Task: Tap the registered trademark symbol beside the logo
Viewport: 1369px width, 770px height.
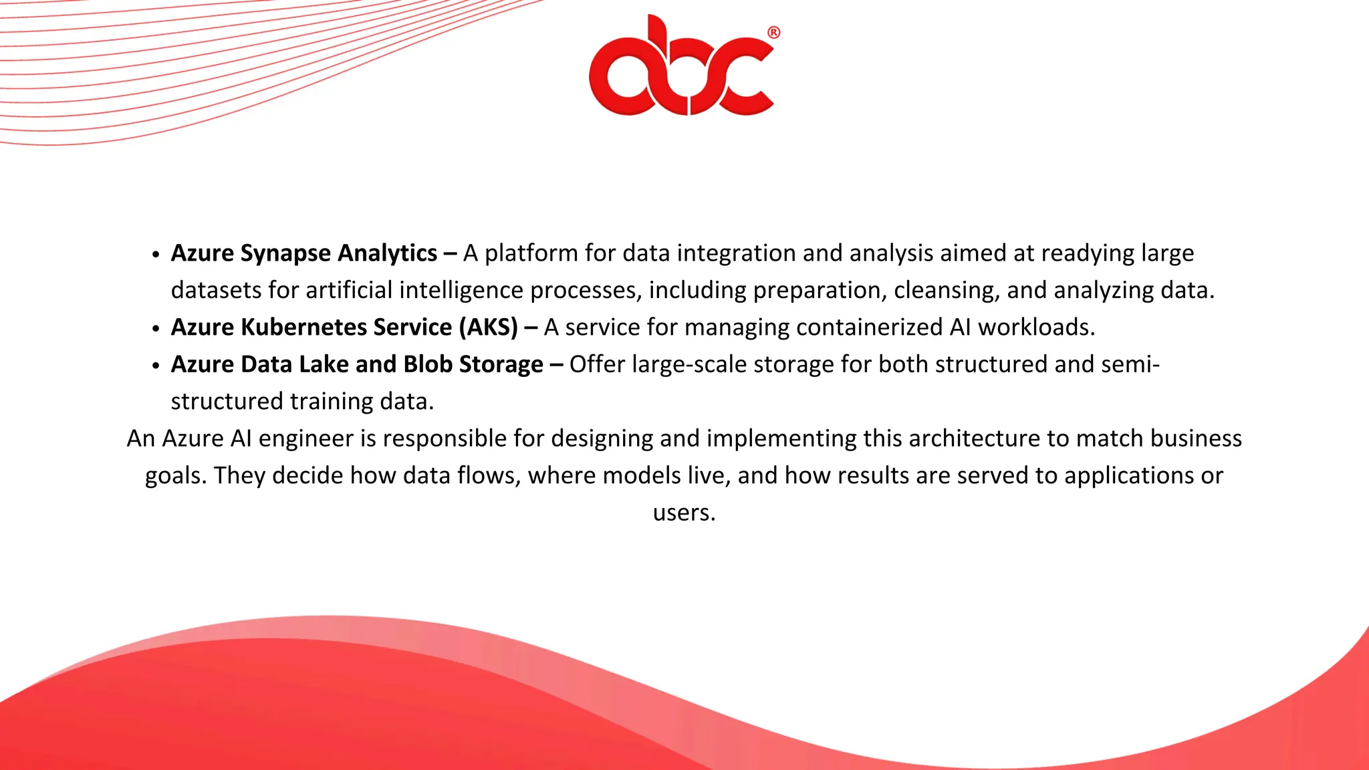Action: (773, 33)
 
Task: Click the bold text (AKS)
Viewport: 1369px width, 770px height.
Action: (488, 328)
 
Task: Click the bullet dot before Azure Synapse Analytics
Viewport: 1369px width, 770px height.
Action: (156, 255)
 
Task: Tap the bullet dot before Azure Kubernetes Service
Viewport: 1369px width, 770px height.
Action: (156, 329)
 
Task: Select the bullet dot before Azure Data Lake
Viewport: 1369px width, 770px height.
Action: (156, 366)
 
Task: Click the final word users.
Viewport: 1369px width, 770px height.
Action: (684, 513)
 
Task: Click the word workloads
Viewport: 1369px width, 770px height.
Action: (1036, 328)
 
